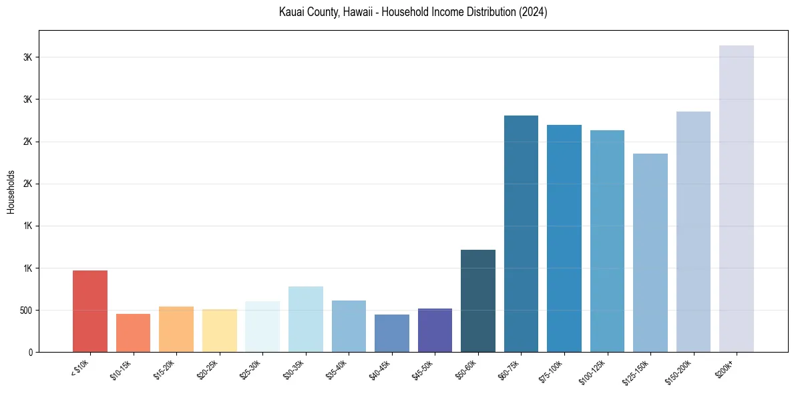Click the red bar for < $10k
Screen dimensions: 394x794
click(90, 311)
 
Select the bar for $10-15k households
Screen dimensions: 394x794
click(133, 333)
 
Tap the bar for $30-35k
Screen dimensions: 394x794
click(305, 319)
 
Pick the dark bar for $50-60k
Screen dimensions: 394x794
click(478, 301)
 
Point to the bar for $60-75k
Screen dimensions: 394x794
click(521, 234)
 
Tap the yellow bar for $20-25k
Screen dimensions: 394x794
click(219, 331)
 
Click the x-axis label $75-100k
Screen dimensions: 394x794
click(550, 370)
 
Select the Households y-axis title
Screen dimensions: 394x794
click(11, 191)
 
